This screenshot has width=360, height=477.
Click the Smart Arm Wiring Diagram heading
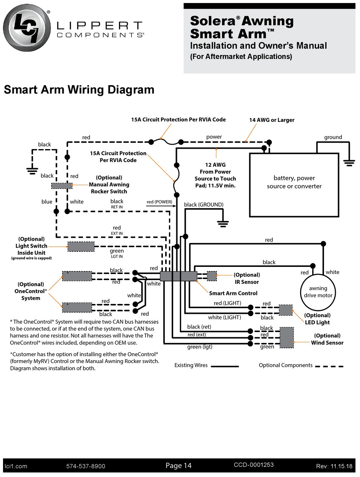tap(79, 90)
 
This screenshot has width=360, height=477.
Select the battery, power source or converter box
tap(294, 184)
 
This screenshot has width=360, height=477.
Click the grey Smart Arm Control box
tap(178, 276)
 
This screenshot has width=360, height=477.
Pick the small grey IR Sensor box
tap(212, 276)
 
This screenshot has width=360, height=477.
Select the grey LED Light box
tap(286, 310)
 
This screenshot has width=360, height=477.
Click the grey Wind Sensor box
tap(286, 338)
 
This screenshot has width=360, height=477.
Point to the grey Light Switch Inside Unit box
tap(81, 247)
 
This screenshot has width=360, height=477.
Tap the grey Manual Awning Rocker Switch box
tap(62, 185)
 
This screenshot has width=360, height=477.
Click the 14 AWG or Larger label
tap(272, 120)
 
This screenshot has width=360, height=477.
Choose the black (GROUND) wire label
tap(203, 205)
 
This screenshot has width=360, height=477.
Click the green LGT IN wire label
tap(117, 253)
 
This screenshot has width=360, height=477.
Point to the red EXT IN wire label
tap(117, 230)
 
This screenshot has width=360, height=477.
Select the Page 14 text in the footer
tap(178, 466)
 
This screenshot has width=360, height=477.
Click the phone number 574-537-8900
tap(86, 466)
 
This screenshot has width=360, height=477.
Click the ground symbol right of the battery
tap(349, 162)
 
